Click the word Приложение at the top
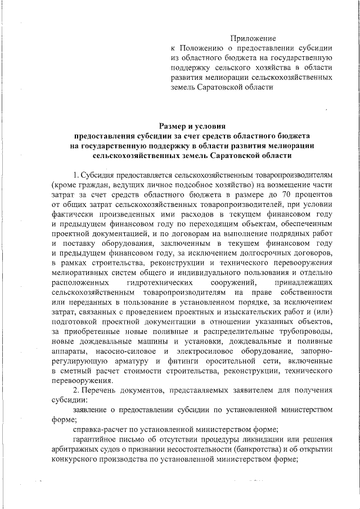coord(253,38)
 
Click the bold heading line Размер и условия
coord(192,126)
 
